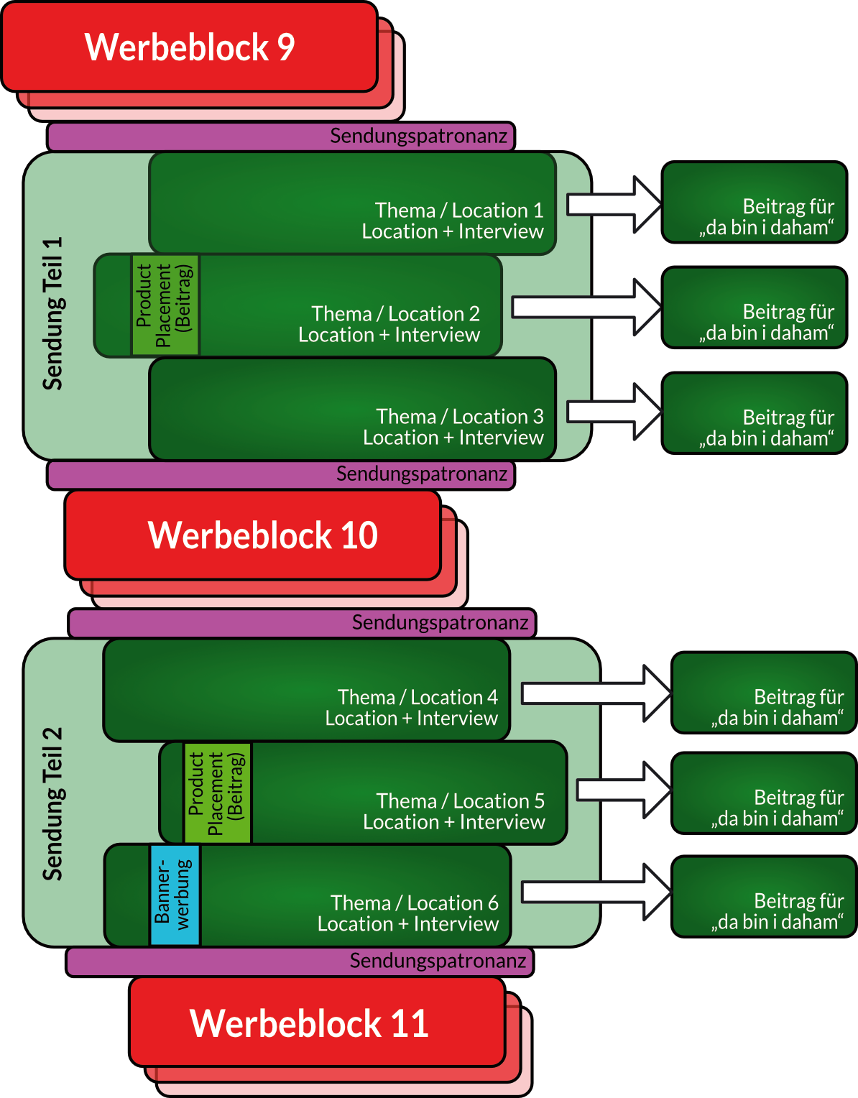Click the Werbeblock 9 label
(x=190, y=47)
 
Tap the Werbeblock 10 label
(x=262, y=535)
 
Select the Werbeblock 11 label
(x=309, y=1023)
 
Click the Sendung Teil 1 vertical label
(x=52, y=313)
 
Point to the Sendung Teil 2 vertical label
(x=52, y=803)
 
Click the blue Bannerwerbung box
(x=175, y=895)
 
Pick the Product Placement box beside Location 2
(x=165, y=305)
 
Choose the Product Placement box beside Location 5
(x=217, y=793)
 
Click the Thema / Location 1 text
(x=458, y=211)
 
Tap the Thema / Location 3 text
(x=460, y=417)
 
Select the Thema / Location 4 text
(x=418, y=697)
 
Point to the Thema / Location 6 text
(x=414, y=903)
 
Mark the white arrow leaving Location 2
(x=586, y=308)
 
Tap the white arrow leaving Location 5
(x=624, y=790)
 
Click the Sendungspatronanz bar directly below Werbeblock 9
(x=281, y=136)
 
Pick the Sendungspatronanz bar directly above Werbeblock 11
(x=300, y=961)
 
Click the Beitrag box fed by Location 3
(x=754, y=413)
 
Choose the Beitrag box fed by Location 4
(x=763, y=693)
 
